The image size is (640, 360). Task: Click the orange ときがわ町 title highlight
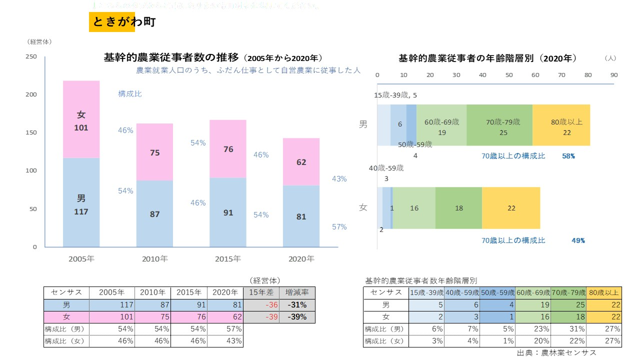pyautogui.click(x=112, y=22)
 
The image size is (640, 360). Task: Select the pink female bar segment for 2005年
pyautogui.click(x=81, y=119)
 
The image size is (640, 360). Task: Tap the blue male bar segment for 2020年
pyautogui.click(x=301, y=216)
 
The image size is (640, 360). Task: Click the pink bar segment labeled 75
pyautogui.click(x=155, y=152)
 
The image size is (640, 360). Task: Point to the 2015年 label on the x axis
pyautogui.click(x=228, y=259)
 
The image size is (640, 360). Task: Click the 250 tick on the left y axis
pyautogui.click(x=31, y=56)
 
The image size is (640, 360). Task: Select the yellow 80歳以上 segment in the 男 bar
pyautogui.click(x=561, y=125)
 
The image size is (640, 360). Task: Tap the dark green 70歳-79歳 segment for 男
pyautogui.click(x=499, y=125)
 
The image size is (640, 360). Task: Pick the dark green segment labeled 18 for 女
pyautogui.click(x=458, y=208)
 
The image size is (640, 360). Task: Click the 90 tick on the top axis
pyautogui.click(x=614, y=75)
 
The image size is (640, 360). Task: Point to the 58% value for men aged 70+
pyautogui.click(x=568, y=156)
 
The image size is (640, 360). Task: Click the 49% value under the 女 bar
pyautogui.click(x=578, y=240)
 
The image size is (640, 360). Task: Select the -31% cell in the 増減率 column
pyautogui.click(x=296, y=305)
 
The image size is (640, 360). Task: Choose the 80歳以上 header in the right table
pyautogui.click(x=604, y=292)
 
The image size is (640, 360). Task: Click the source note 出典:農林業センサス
pyautogui.click(x=556, y=352)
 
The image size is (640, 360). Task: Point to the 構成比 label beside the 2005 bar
pyautogui.click(x=130, y=93)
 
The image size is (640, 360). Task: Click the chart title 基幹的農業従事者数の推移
pyautogui.click(x=172, y=57)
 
